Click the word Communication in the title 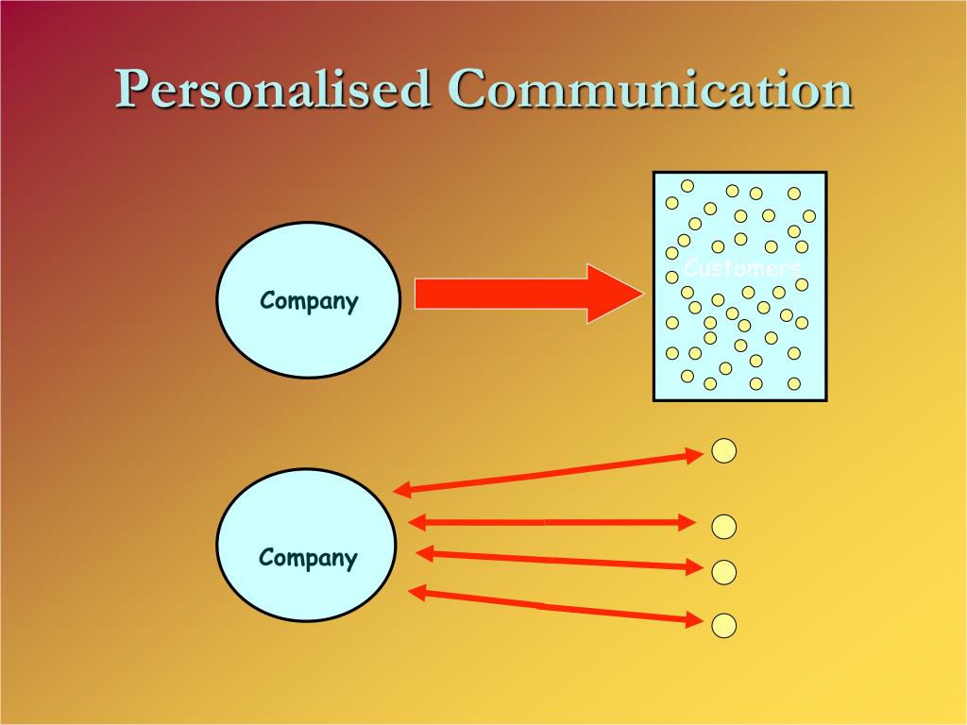tap(651, 90)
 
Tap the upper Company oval tap(309, 300)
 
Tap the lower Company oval tap(307, 546)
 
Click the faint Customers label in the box tap(741, 268)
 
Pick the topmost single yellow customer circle tap(723, 451)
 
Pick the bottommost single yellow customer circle tap(723, 625)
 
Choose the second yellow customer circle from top tap(723, 526)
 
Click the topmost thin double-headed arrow tap(548, 473)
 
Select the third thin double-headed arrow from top tap(557, 560)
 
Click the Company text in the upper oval tap(309, 301)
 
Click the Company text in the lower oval tap(308, 557)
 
